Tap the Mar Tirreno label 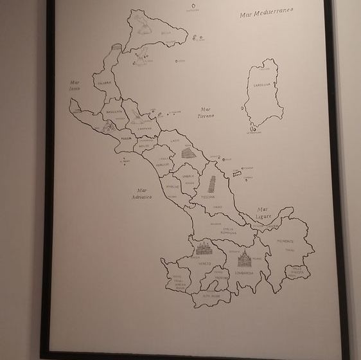point(206,113)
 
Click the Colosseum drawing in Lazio point(188,153)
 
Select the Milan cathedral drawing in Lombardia point(244,259)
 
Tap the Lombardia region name point(243,273)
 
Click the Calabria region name point(105,82)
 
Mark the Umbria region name point(188,175)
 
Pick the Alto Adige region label point(209,296)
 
